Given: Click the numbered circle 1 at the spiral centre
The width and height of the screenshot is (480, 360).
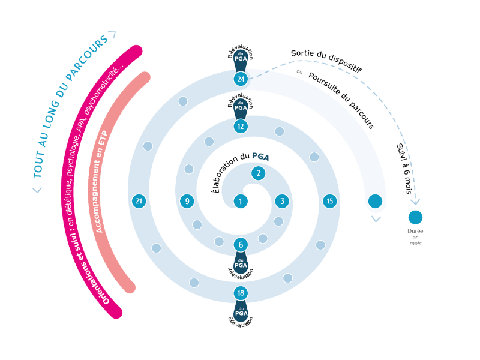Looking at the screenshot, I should pyautogui.click(x=241, y=202).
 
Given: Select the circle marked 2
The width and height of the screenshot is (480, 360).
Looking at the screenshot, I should pyautogui.click(x=259, y=173).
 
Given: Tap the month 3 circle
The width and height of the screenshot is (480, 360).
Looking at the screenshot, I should pyautogui.click(x=282, y=202).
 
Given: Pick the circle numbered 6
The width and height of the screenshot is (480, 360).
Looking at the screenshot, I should pyautogui.click(x=241, y=245).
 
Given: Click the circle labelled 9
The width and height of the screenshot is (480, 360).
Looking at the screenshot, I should pyautogui.click(x=187, y=202).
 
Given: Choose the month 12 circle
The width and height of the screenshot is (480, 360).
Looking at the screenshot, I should pyautogui.click(x=241, y=127).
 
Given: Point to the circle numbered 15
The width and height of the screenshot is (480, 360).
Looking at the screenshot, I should pyautogui.click(x=330, y=202).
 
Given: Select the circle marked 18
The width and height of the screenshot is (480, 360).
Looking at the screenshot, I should pyautogui.click(x=241, y=293).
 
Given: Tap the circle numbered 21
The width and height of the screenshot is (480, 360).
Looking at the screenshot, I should pyautogui.click(x=139, y=202).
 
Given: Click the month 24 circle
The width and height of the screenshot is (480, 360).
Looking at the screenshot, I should pyautogui.click(x=241, y=79).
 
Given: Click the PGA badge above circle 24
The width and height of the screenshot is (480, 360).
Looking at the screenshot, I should pyautogui.click(x=241, y=59).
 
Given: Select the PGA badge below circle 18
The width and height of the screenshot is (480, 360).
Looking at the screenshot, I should pyautogui.click(x=241, y=313).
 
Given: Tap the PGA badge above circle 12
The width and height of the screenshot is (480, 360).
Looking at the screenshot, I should pyautogui.click(x=241, y=107).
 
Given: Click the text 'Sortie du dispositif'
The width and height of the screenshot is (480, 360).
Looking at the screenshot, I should pyautogui.click(x=326, y=61).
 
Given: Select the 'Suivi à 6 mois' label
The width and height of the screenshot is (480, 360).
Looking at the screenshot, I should pyautogui.click(x=404, y=167).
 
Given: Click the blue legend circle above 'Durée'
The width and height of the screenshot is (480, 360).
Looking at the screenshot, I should pyautogui.click(x=415, y=217).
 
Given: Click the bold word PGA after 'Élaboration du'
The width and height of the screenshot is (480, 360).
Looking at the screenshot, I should pyautogui.click(x=260, y=157).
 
